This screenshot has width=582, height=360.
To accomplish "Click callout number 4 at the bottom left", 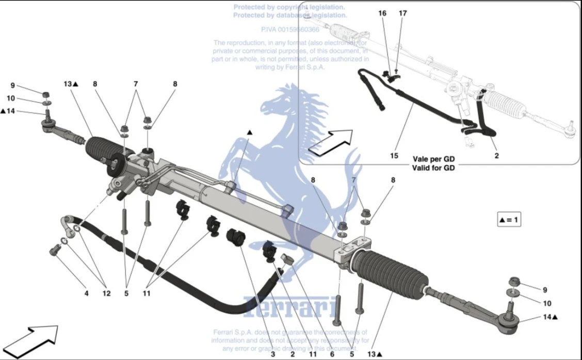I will tap(86, 293).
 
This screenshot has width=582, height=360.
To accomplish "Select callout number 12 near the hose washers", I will tap(106, 293).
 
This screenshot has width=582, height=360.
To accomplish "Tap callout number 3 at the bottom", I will tap(273, 354).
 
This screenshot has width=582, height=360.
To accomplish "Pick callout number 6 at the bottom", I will tap(332, 354).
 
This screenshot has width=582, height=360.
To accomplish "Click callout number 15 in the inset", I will tap(394, 155).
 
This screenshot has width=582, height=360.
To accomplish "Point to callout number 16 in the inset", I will tap(382, 13).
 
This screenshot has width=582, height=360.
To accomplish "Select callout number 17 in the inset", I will tap(402, 13).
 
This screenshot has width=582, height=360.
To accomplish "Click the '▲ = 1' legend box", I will tap(509, 220).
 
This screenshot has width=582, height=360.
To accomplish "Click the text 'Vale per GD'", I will tap(433, 159).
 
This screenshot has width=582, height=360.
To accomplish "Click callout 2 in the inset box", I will tap(496, 155).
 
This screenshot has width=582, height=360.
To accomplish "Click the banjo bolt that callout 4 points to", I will tap(53, 251).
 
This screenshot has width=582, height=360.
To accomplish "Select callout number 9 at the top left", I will tap(13, 86).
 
